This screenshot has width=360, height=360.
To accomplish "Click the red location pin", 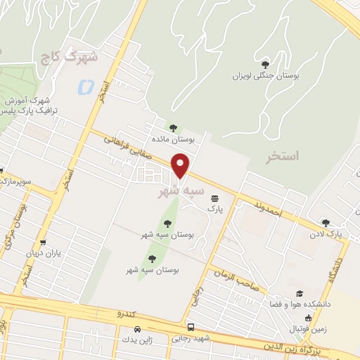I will [x=181, y=165].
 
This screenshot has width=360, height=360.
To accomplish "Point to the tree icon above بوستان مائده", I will [x=173, y=127].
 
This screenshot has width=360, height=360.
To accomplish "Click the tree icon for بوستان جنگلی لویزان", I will [x=265, y=63].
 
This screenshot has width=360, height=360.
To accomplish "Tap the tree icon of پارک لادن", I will [x=325, y=222].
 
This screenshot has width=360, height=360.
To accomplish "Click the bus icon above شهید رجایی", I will [x=191, y=327].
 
